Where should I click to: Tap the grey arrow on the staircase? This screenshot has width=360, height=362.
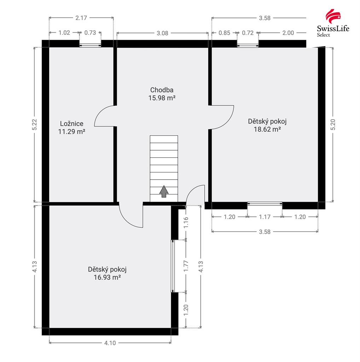(164, 191)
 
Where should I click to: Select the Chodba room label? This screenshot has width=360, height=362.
(162, 90)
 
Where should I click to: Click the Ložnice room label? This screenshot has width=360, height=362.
(71, 123)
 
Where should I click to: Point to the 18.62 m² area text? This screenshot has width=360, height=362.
(267, 129)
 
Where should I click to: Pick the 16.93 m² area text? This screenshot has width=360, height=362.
(107, 277)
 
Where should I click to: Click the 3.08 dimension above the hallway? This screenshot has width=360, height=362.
(162, 33)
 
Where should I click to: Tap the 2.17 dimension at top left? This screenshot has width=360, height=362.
(81, 18)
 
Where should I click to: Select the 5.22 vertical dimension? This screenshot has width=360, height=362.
(34, 124)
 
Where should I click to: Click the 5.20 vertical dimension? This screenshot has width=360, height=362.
(333, 124)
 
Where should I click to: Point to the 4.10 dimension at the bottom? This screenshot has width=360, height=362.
(110, 343)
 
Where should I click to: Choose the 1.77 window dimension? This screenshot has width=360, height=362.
(186, 266)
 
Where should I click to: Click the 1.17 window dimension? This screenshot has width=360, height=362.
(265, 217)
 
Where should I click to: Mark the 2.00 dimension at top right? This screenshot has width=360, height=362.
(288, 33)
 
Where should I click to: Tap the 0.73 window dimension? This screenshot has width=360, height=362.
(90, 33)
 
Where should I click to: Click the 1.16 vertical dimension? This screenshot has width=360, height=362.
(186, 223)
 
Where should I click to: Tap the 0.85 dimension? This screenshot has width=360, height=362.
(224, 33)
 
